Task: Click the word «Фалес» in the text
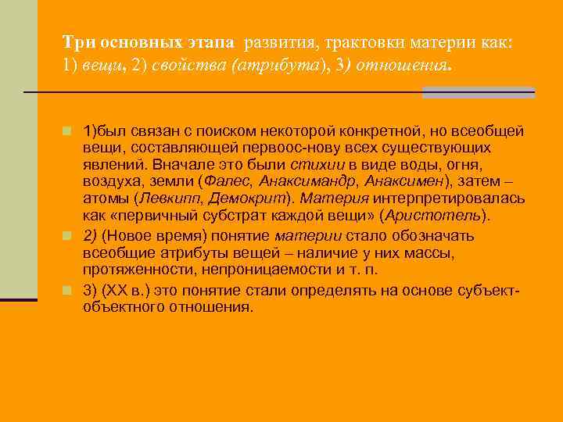(x=224, y=181)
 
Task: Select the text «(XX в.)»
(x=128, y=291)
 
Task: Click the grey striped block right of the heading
(x=479, y=92)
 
